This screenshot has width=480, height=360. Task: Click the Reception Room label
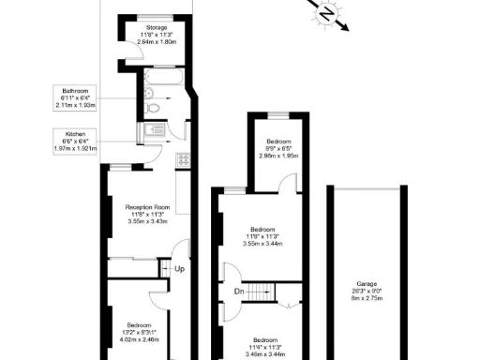[x=149, y=207]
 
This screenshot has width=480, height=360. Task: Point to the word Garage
[x=366, y=283]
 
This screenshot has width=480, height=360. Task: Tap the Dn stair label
[x=240, y=292]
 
